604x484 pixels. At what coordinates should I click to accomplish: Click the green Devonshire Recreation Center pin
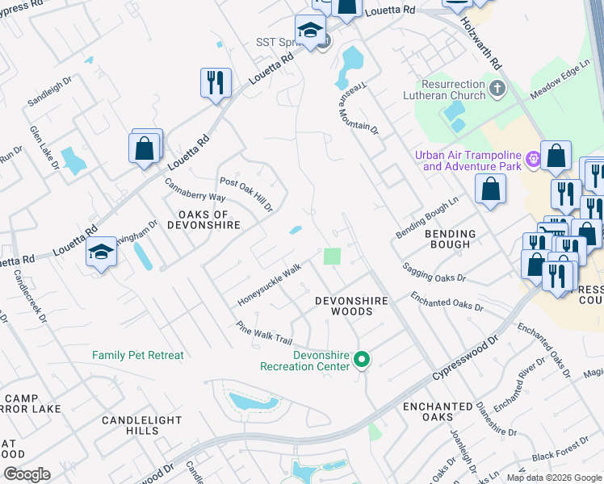(363, 360)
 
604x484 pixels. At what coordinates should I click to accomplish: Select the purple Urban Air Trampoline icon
(532, 160)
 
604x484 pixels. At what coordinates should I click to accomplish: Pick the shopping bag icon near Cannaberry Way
(145, 148)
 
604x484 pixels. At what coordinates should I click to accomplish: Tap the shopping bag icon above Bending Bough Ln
(490, 189)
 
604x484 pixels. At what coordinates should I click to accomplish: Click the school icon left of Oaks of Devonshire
(102, 252)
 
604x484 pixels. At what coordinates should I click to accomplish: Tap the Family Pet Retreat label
(138, 355)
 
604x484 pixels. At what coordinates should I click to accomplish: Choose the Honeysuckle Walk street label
(269, 285)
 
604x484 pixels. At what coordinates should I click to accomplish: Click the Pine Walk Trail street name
(262, 333)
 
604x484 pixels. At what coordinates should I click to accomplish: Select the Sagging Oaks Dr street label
(434, 272)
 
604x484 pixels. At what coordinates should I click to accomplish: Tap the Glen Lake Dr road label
(45, 146)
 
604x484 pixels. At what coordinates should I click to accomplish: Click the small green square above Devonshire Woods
(332, 257)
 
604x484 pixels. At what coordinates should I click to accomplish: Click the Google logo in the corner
(27, 474)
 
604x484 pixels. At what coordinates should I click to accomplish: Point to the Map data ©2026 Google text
(554, 478)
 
